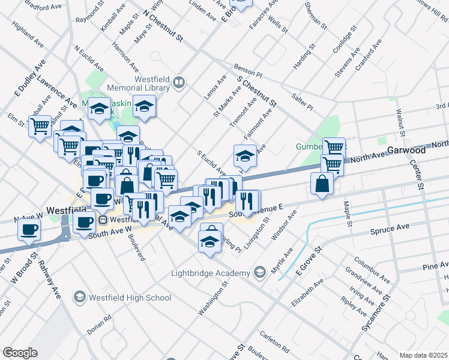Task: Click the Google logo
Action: pyautogui.click(x=20, y=352)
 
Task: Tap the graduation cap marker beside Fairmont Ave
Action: pyautogui.click(x=245, y=157)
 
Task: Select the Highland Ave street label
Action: pyautogui.click(x=28, y=36)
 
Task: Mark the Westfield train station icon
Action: pyautogui.click(x=103, y=219)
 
